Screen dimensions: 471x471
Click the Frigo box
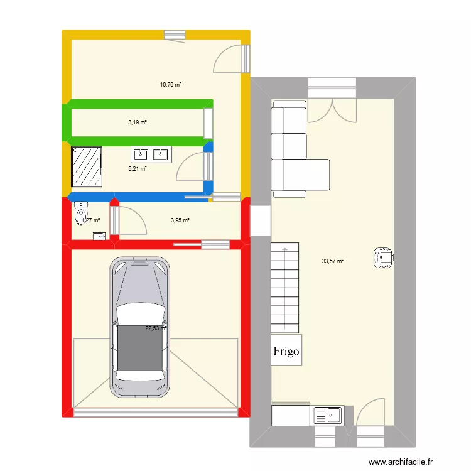(286, 351)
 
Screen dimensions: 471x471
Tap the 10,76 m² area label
(170, 84)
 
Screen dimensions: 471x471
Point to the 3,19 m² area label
(137, 122)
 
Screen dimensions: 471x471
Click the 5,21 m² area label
(138, 168)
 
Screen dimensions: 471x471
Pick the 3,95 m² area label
(180, 220)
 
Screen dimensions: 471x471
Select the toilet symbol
(80, 214)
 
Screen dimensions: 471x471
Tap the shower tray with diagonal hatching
(87, 167)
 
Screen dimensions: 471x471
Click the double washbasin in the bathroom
(149, 154)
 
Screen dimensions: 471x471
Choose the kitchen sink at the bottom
(327, 414)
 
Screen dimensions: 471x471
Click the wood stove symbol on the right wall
(382, 257)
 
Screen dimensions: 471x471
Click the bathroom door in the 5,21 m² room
(191, 171)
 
